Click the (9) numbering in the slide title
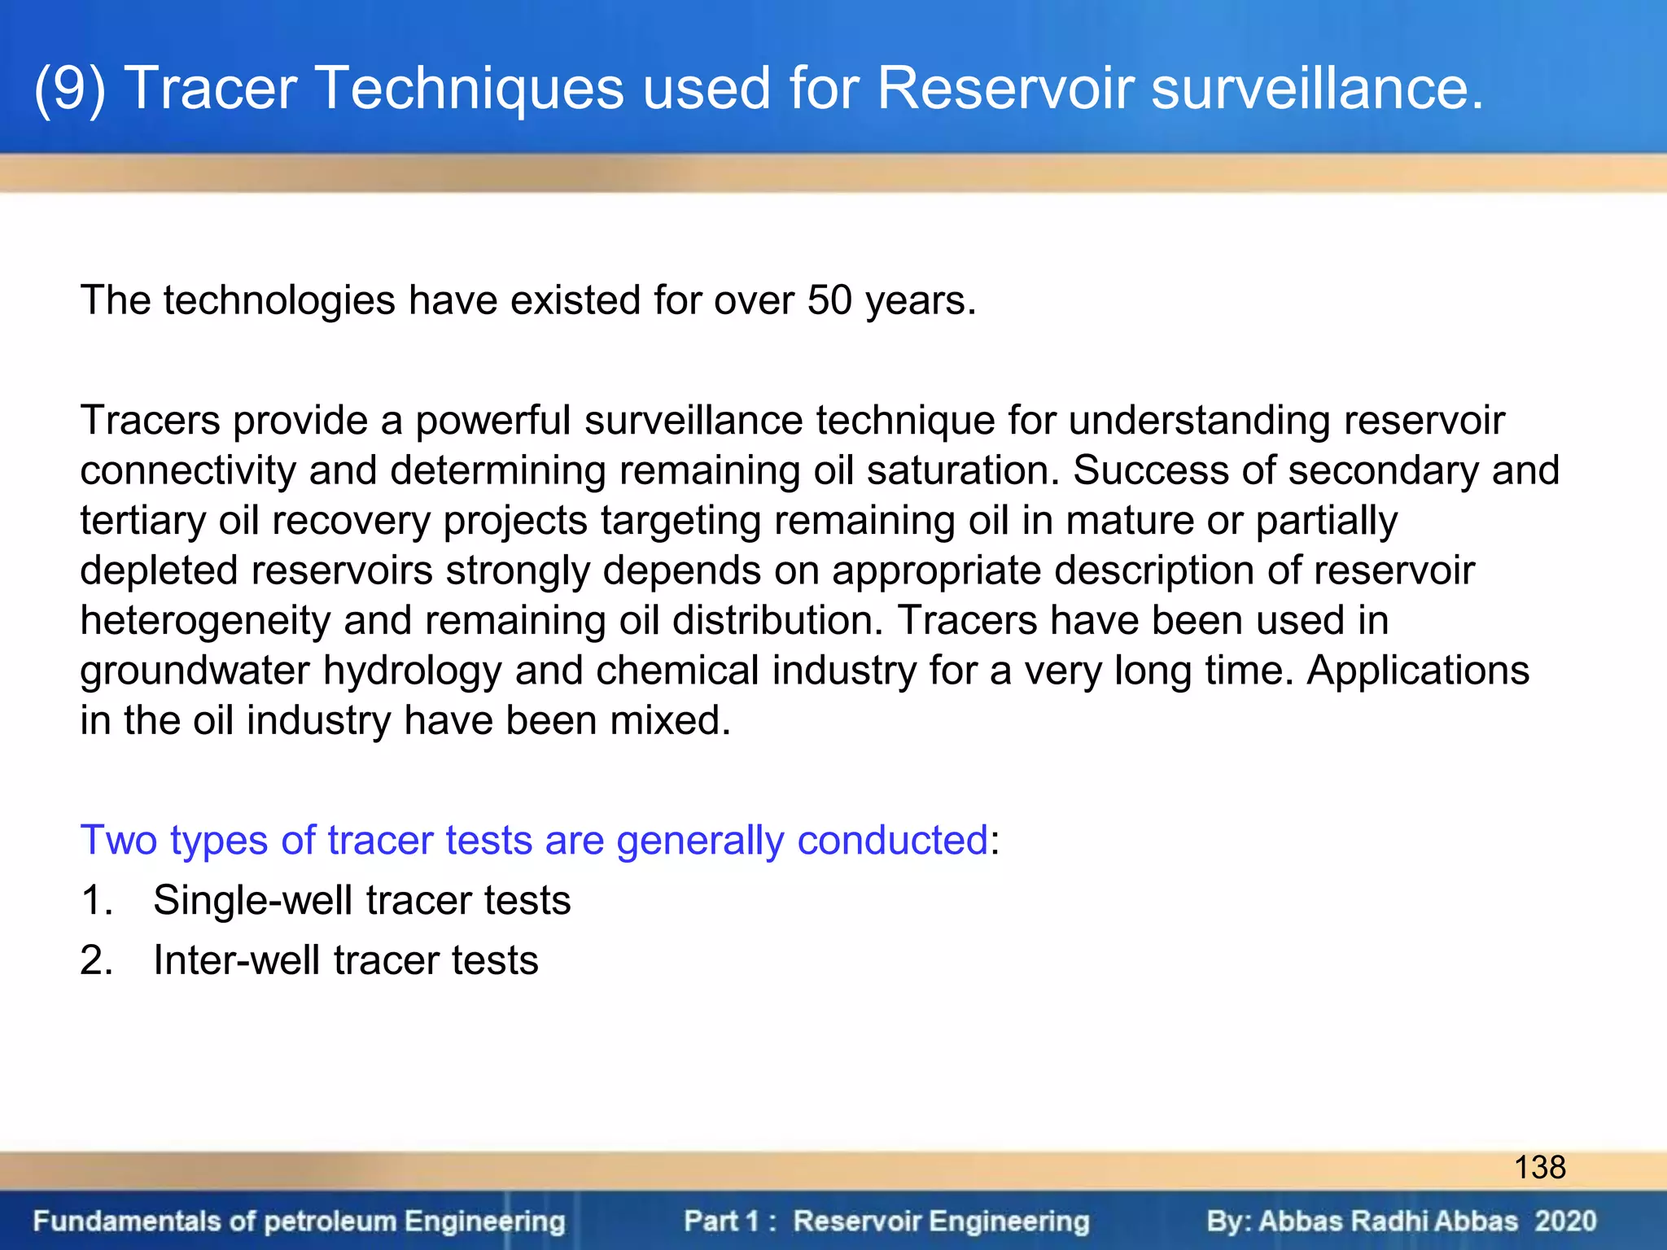coord(70,88)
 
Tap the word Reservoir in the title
coord(1005,88)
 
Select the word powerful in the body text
coord(492,421)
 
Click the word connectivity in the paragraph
coord(187,471)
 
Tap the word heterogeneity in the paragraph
coord(205,621)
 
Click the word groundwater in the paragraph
coord(195,671)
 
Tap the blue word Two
coord(118,840)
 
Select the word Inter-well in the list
coord(236,960)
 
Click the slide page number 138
coord(1539,1168)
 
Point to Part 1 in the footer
coord(721,1222)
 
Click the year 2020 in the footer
coord(1565,1222)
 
